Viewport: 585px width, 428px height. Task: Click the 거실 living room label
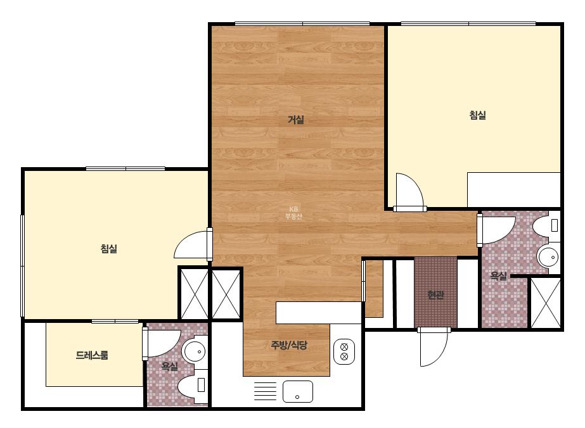[296, 120]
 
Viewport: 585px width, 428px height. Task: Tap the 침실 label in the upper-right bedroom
[477, 115]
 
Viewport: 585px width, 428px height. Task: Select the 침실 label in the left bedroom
[109, 248]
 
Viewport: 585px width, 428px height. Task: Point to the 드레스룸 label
[92, 355]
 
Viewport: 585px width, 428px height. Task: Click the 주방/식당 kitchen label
[289, 345]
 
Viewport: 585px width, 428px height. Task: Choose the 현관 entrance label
[436, 295]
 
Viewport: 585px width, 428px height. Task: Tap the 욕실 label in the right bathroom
[498, 276]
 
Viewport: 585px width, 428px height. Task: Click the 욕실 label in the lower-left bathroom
[169, 367]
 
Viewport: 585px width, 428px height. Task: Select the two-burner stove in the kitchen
[344, 351]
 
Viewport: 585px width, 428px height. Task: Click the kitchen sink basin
[297, 391]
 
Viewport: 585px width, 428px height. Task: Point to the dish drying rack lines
[266, 391]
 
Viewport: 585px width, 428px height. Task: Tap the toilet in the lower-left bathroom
[193, 385]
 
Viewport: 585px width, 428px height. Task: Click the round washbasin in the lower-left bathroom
[195, 351]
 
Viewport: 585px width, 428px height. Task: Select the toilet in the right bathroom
[546, 225]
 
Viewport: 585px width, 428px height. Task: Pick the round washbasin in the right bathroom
[548, 256]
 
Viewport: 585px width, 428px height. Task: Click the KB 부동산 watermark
[293, 213]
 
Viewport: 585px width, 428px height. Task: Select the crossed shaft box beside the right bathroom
[546, 303]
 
